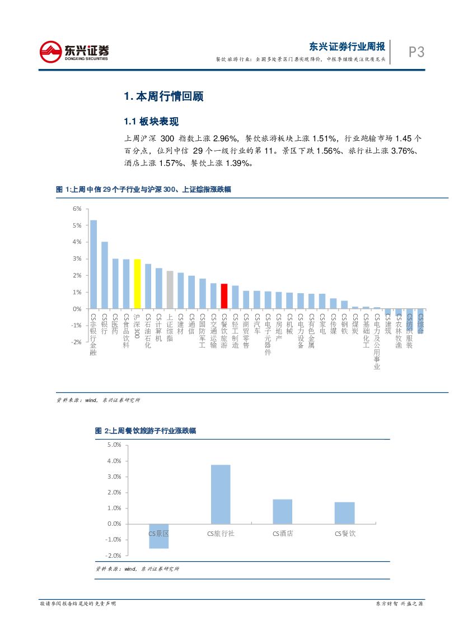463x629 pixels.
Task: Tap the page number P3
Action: tap(416, 52)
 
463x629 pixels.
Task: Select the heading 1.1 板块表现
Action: tap(151, 122)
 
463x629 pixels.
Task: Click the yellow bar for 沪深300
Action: tap(137, 284)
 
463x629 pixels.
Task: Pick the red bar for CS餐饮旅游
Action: tap(224, 296)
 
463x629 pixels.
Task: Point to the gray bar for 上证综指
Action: tap(170, 289)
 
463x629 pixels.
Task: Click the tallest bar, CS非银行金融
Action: tap(93, 264)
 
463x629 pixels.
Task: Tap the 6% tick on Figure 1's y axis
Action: tap(77, 209)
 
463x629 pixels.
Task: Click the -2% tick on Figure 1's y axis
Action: tap(76, 342)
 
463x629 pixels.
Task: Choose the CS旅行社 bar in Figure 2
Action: tap(221, 494)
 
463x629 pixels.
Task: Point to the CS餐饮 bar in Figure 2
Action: tap(344, 512)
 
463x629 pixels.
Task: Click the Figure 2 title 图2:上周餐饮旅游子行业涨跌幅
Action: tap(146, 431)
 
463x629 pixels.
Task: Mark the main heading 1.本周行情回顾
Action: tap(163, 96)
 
